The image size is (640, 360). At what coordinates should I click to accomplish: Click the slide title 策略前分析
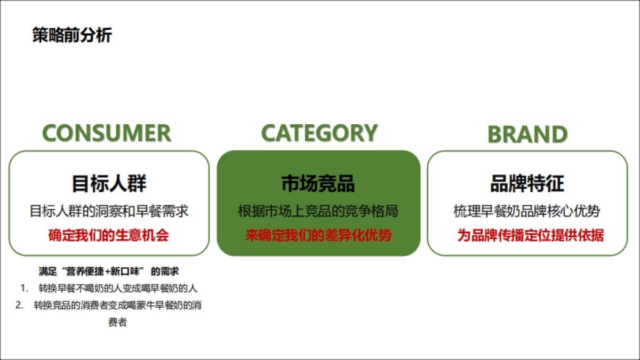[x=72, y=35]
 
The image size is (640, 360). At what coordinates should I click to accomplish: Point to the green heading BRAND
[x=527, y=134]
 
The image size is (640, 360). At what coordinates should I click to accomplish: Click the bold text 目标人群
[x=109, y=183]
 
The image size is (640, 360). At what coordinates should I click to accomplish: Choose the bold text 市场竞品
[x=318, y=183]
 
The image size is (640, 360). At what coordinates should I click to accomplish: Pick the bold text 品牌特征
[x=527, y=183]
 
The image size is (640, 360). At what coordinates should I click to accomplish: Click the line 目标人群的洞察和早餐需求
[x=109, y=211]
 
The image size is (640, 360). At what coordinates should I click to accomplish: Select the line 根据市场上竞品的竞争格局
[x=318, y=211]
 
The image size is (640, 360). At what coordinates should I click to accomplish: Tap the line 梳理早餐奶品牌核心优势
[x=527, y=211]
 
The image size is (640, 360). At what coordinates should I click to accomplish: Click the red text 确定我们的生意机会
[x=109, y=235]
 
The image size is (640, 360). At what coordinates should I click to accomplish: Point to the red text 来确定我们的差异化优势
[x=318, y=235]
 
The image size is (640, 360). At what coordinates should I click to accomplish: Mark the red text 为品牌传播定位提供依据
[x=530, y=235]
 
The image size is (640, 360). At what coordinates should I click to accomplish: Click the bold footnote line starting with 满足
[x=109, y=271]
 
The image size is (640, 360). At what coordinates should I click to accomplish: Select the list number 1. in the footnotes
[x=24, y=289]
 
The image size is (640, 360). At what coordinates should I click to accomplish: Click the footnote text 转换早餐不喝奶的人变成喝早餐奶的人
[x=118, y=289]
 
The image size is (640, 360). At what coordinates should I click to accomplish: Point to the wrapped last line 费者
[x=117, y=322]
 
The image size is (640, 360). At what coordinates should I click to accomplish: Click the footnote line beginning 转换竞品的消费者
[x=117, y=305]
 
